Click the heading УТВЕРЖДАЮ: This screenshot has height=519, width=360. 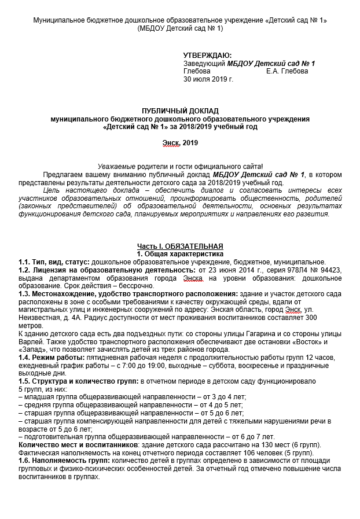pos(207,55)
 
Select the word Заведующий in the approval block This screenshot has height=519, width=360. pos(204,63)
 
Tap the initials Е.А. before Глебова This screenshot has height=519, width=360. pos(273,71)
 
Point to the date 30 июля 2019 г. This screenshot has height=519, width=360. pos(208,79)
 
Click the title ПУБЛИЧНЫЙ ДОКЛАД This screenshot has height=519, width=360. pos(180,111)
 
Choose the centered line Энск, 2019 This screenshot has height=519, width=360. pos(180,142)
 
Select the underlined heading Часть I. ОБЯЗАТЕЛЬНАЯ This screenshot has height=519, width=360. pos(180,246)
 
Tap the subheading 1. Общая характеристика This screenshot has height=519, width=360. pos(179,253)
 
